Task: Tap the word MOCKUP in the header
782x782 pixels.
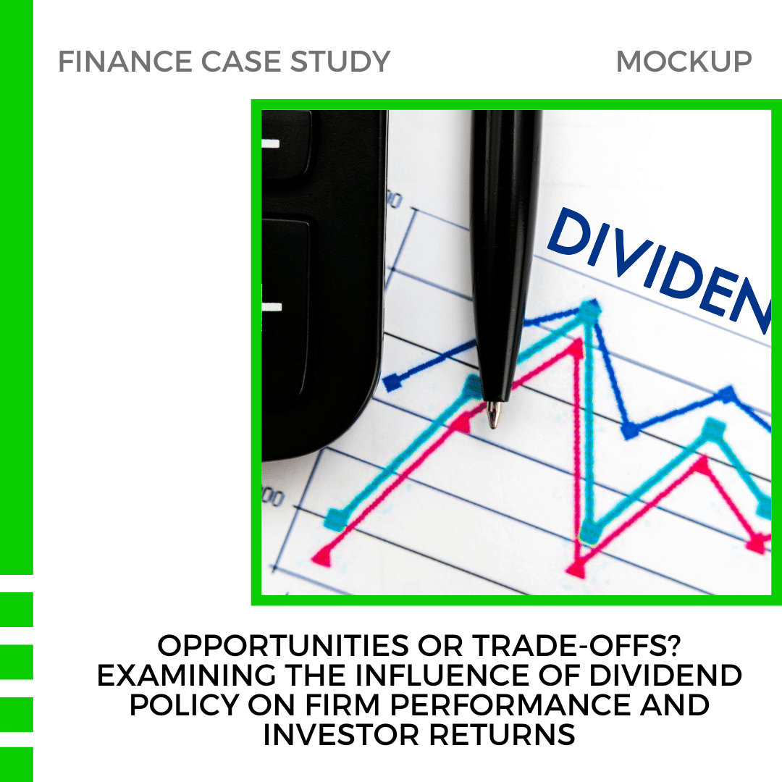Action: tap(684, 62)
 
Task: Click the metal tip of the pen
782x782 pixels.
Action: tap(493, 416)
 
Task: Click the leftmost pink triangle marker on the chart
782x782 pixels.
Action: tap(321, 556)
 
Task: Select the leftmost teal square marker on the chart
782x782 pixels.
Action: tap(335, 518)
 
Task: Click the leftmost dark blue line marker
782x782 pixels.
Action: tap(392, 382)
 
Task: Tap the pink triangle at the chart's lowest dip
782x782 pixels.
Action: tap(576, 569)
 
